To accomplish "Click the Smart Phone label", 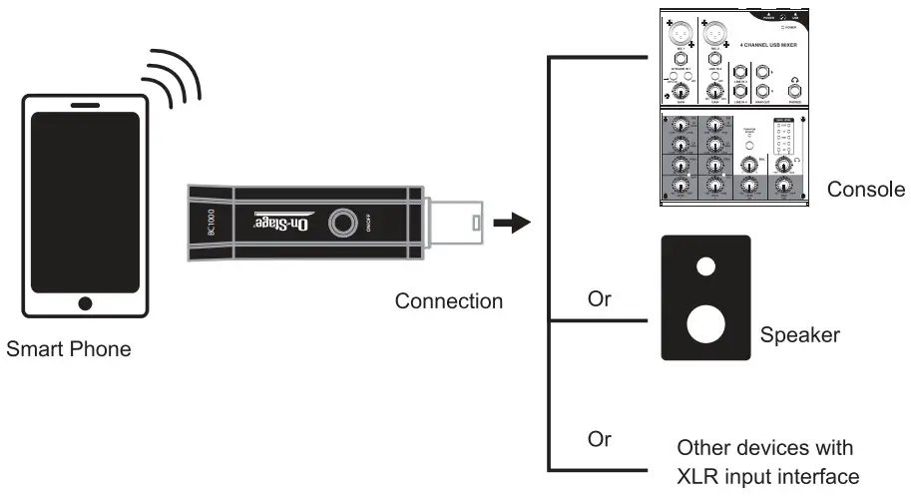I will click(69, 350).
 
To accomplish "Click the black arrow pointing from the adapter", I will click(513, 222).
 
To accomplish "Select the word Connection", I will click(448, 300).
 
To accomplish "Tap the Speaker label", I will click(799, 335).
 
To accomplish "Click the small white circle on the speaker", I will click(705, 266).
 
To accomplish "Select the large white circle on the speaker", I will click(705, 324).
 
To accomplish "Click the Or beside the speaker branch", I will click(600, 299).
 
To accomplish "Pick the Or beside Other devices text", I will click(600, 439).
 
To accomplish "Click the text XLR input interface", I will click(767, 476).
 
